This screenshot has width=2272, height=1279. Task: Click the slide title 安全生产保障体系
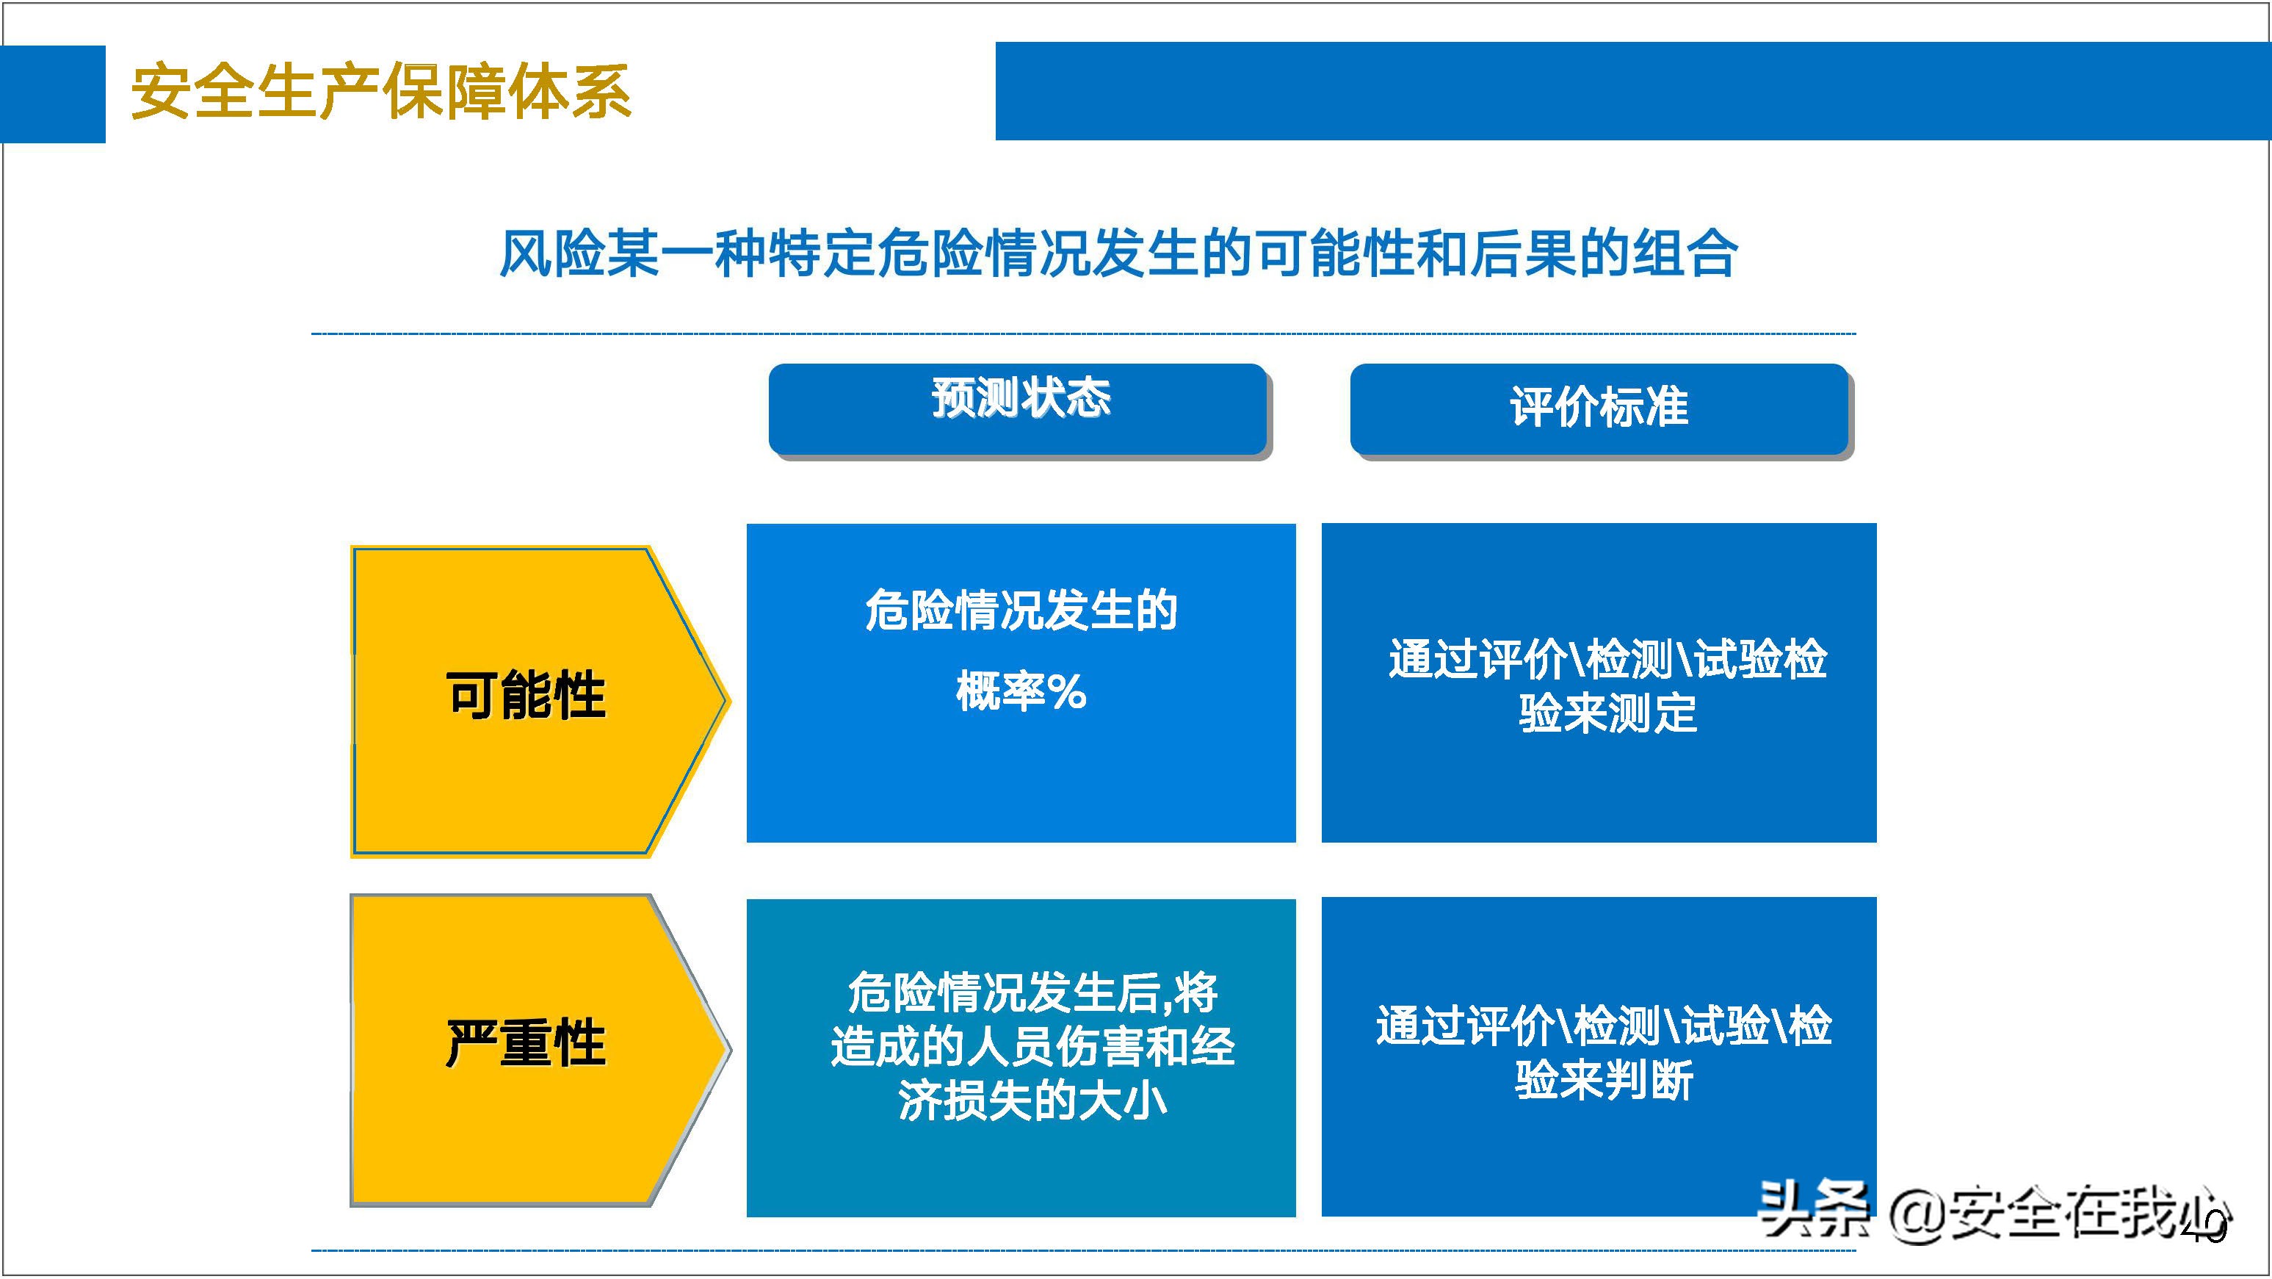click(x=380, y=92)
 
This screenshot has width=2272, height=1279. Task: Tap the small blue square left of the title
click(x=52, y=94)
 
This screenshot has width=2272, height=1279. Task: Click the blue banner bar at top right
click(x=1632, y=91)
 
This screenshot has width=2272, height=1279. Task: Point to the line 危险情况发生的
click(x=1021, y=610)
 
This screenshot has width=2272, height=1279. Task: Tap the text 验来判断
click(x=1604, y=1081)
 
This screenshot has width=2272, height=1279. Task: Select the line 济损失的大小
click(x=1032, y=1102)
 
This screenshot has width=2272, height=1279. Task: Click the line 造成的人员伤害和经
click(x=1032, y=1047)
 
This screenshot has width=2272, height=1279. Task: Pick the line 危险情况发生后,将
click(x=1032, y=993)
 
